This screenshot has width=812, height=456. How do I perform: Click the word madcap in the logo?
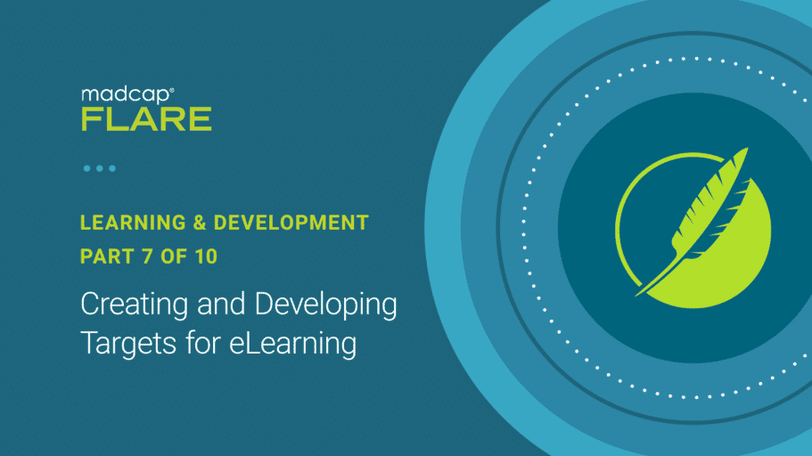point(125,96)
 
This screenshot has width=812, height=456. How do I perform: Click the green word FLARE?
point(146,119)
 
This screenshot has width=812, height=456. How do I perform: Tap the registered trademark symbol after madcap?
point(172,90)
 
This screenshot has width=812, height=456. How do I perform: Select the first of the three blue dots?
point(87,168)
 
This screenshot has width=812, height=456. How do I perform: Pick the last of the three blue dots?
point(112,168)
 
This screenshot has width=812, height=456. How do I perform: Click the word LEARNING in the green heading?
point(133,223)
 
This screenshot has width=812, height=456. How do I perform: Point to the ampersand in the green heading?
point(200,223)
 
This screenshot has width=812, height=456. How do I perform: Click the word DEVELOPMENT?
point(291,223)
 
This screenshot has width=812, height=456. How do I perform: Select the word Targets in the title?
point(128,344)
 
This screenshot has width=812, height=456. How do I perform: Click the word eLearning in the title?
point(292,344)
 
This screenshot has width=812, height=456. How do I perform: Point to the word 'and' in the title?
point(221,304)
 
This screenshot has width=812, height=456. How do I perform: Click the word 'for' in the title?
point(203,343)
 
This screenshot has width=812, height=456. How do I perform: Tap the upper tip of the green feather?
point(747,149)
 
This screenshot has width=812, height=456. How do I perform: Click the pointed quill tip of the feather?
point(637,295)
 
